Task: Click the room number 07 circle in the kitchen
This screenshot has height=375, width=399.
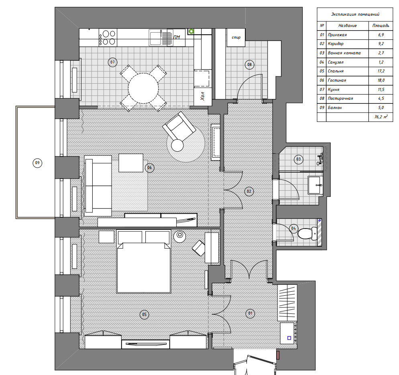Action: [x=112, y=62]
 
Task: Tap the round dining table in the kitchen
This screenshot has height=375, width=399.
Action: [x=143, y=88]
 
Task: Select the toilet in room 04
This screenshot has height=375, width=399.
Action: [x=307, y=233]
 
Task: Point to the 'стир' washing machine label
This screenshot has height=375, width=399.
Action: [x=236, y=37]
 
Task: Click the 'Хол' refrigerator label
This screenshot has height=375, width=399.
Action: [x=203, y=96]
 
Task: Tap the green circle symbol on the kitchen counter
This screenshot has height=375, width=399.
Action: [x=191, y=31]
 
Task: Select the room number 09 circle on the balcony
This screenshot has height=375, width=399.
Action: [x=37, y=163]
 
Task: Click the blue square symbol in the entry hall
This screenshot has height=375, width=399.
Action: [x=289, y=338]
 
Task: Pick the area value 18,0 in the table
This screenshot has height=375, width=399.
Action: [x=381, y=80]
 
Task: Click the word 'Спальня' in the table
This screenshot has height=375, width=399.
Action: [x=336, y=71]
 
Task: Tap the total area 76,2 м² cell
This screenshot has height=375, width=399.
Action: [x=381, y=117]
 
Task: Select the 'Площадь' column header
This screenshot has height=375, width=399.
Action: [x=381, y=25]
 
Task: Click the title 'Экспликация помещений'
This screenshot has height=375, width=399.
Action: [x=355, y=14]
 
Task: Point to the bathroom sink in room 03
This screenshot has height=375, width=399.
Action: [x=316, y=185]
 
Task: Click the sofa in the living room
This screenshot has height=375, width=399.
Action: [x=98, y=186]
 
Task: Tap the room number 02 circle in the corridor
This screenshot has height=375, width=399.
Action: [x=249, y=192]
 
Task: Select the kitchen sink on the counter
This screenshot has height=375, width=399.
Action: [x=155, y=37]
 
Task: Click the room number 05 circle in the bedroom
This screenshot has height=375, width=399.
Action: [x=144, y=314]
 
